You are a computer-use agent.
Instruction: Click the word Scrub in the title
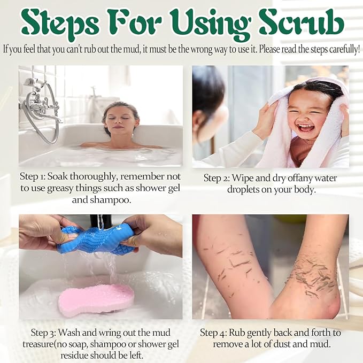pos(302,23)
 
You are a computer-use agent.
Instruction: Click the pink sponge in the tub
pos(96,299)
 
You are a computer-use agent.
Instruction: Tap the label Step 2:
pos(217,178)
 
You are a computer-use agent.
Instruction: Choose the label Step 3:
pos(43,333)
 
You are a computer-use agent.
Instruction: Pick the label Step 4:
pos(213,333)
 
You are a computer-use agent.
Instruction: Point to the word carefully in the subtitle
pos(344,50)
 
